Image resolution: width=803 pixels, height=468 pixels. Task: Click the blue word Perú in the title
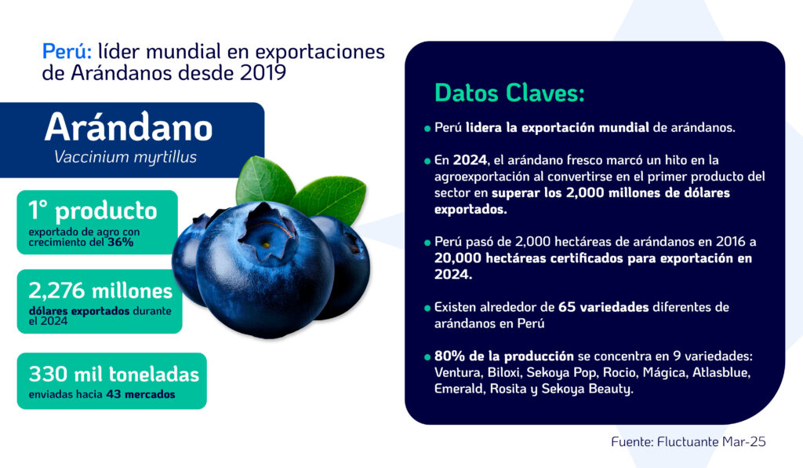(67, 51)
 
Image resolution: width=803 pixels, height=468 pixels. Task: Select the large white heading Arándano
(129, 127)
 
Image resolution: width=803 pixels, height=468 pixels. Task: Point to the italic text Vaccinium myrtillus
(125, 157)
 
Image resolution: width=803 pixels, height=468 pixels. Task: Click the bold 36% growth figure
(120, 242)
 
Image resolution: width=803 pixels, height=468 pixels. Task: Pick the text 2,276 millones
(100, 291)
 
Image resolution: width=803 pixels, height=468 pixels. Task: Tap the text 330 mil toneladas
(114, 375)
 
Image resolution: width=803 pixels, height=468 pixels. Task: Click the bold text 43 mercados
(141, 394)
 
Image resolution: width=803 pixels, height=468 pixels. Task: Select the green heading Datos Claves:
(510, 93)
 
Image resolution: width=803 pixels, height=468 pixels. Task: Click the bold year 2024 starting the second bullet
(470, 160)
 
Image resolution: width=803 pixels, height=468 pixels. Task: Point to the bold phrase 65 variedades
(603, 307)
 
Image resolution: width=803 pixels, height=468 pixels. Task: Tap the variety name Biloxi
(503, 372)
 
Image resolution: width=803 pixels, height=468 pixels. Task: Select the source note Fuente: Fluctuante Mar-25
(689, 442)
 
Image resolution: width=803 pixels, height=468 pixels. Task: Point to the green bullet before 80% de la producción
(427, 357)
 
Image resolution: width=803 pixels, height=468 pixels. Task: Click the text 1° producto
(93, 211)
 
